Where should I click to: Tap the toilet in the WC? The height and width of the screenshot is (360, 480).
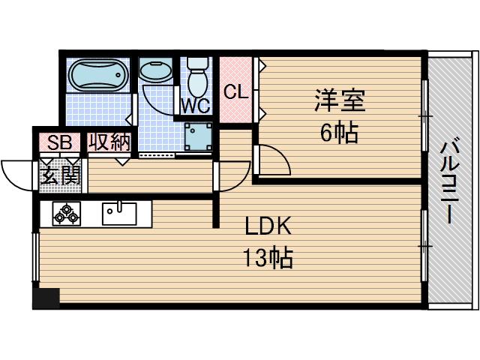[197, 79]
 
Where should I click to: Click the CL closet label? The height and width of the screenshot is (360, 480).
[235, 92]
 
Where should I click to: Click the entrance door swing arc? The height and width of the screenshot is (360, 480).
[16, 174]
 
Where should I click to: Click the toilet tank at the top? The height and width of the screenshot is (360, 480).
[197, 64]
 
